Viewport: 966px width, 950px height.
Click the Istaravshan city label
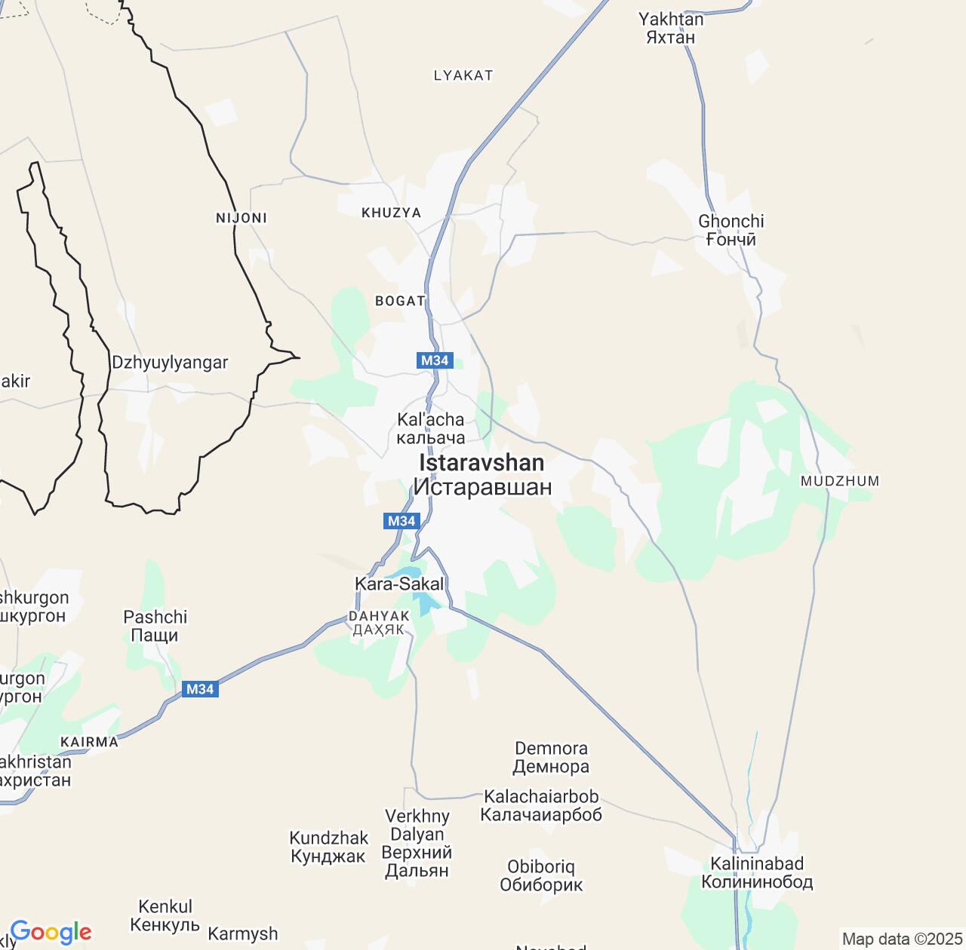click(481, 474)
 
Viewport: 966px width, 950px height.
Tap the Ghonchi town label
click(731, 230)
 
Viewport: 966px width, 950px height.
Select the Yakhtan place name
click(670, 28)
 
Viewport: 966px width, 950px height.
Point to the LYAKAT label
click(463, 75)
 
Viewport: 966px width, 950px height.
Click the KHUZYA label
click(391, 213)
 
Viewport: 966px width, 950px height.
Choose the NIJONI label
click(241, 218)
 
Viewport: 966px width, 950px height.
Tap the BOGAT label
click(400, 301)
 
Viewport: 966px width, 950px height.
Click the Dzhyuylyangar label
click(170, 363)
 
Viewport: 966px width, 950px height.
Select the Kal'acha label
click(431, 428)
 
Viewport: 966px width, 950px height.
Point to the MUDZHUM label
click(840, 481)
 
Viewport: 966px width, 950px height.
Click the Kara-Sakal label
click(399, 584)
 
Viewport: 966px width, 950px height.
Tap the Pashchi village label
click(155, 626)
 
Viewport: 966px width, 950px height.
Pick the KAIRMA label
click(89, 742)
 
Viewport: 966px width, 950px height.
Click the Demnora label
click(551, 758)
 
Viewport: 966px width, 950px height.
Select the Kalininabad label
click(757, 872)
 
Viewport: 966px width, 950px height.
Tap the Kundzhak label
click(328, 847)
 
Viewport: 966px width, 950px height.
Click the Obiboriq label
click(541, 875)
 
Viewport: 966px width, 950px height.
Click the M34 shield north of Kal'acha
click(435, 360)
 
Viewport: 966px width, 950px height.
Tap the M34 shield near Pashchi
click(200, 689)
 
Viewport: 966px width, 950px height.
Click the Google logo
click(51, 932)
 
